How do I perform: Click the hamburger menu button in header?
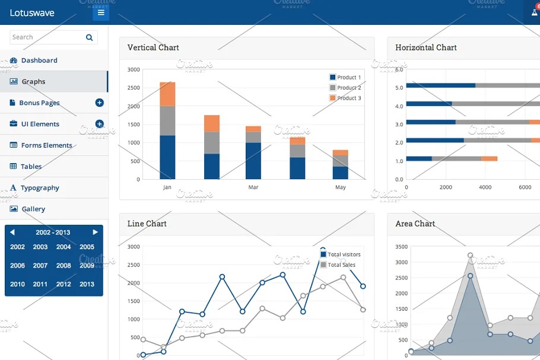(x=101, y=12)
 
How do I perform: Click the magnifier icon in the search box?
(x=90, y=37)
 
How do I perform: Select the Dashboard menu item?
(x=39, y=60)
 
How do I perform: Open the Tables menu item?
(x=31, y=167)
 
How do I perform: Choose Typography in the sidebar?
(x=40, y=188)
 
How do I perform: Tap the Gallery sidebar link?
(x=33, y=209)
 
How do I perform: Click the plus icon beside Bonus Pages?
(x=99, y=103)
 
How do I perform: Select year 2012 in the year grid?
(x=63, y=284)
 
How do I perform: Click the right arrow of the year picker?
(x=95, y=232)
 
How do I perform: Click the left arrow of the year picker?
(x=12, y=232)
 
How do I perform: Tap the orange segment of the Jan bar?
(x=167, y=94)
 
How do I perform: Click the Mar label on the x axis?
(x=253, y=187)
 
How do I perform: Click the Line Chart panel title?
(x=147, y=224)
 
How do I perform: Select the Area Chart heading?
(x=415, y=224)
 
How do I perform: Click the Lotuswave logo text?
(x=32, y=12)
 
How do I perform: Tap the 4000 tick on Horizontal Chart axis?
(x=485, y=187)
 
